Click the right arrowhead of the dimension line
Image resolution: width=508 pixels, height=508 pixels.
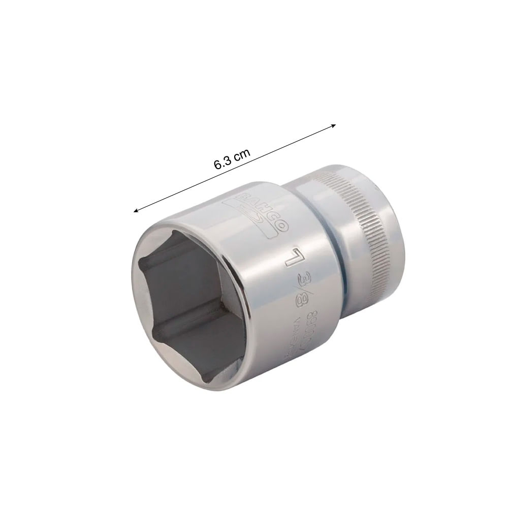pos(333,125)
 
